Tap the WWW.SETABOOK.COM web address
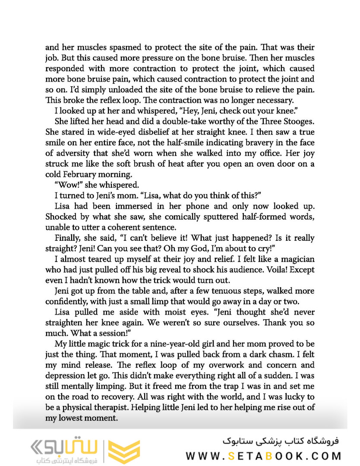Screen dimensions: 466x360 [x=263, y=456]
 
